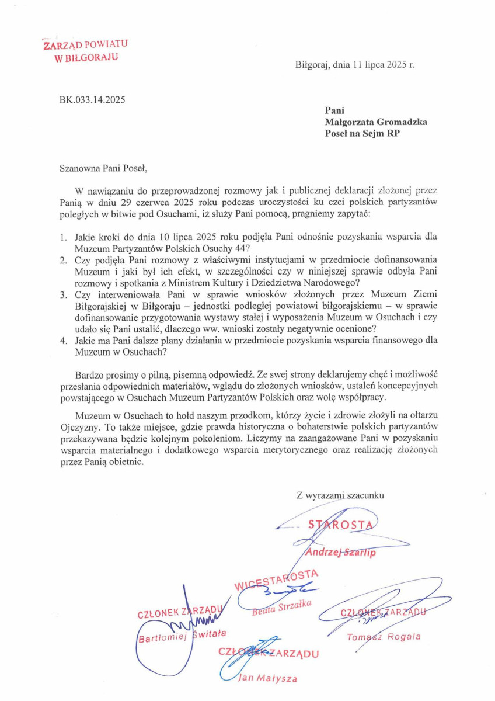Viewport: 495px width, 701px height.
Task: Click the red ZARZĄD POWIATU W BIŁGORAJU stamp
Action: coord(85,51)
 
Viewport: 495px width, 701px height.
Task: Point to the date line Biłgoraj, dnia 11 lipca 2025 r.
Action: coord(355,65)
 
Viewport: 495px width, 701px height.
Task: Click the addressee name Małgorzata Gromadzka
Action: coord(376,122)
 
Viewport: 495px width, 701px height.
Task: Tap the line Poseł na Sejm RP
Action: coord(357,134)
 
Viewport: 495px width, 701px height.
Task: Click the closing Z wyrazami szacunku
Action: coord(340,495)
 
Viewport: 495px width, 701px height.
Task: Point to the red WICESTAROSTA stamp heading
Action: coord(276,579)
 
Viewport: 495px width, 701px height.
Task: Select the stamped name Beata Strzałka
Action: coord(283,609)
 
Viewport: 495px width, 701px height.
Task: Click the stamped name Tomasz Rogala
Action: coord(384,636)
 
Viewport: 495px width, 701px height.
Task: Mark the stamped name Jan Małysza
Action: coord(268,678)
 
